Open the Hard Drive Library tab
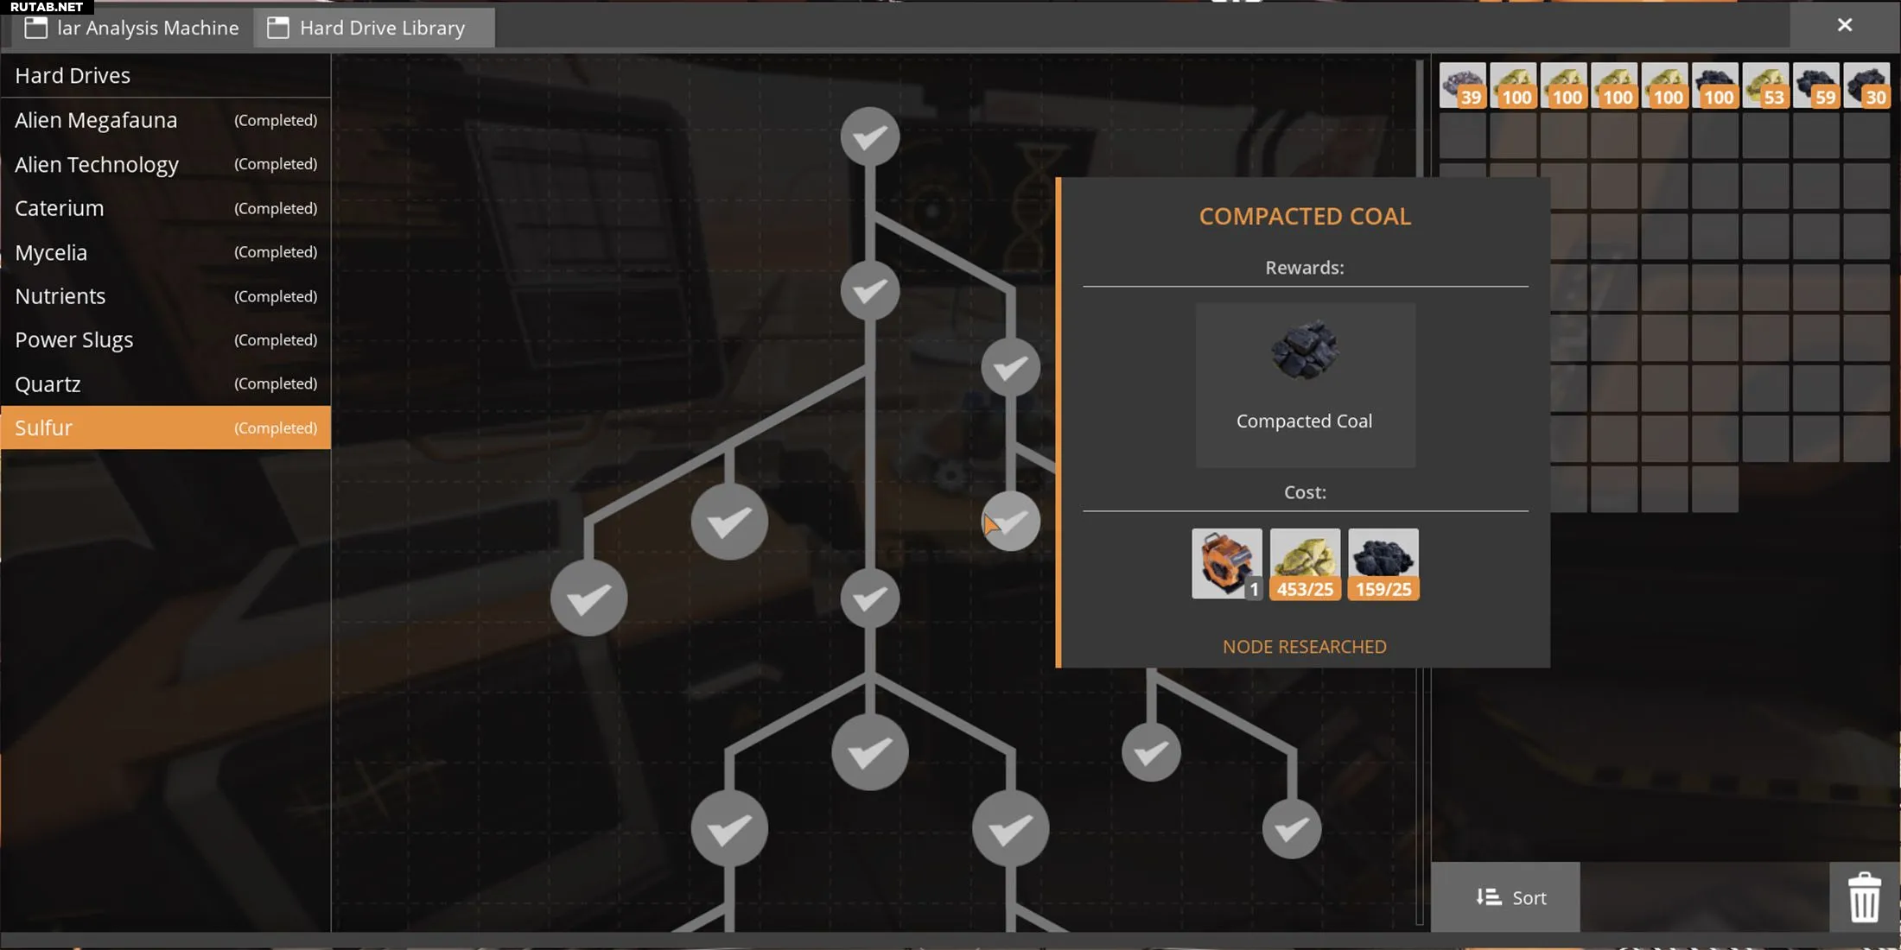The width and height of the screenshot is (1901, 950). pos(374,28)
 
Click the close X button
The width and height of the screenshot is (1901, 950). pos(1844,25)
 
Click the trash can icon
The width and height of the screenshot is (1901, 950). pos(1864,897)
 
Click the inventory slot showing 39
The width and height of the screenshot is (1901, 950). pos(1462,85)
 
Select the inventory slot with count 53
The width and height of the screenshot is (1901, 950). pos(1765,85)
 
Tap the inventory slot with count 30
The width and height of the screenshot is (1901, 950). pos(1866,85)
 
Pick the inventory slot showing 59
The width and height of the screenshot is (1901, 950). pos(1815,85)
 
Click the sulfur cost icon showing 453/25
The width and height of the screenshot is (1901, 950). pos(1305,564)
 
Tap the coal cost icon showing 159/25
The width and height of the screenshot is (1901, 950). pos(1383,564)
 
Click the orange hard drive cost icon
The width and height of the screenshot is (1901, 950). pos(1226,564)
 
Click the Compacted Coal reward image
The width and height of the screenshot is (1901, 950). pos(1305,350)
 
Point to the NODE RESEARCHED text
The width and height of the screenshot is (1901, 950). pos(1305,647)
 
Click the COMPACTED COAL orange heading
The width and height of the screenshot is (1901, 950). pos(1305,216)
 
